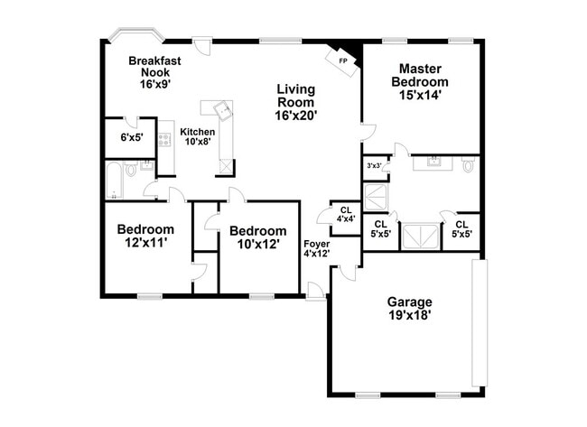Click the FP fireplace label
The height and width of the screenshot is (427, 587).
tap(342, 60)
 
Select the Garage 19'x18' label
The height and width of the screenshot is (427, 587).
tap(409, 309)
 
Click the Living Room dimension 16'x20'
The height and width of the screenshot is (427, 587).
tap(298, 115)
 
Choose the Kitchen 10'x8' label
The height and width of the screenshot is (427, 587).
tap(198, 136)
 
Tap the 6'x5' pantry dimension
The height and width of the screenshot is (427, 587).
tap(133, 138)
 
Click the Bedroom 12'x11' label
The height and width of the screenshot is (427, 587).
tap(145, 237)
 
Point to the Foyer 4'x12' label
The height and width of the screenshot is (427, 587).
tap(316, 249)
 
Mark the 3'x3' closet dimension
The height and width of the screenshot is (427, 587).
tap(373, 166)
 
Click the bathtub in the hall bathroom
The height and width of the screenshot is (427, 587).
tap(114, 181)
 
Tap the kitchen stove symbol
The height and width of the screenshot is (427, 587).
tap(165, 140)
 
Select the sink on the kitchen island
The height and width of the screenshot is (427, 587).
tap(222, 110)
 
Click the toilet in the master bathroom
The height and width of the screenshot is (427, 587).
tap(467, 164)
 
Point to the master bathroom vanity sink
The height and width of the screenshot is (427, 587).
tap(434, 162)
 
